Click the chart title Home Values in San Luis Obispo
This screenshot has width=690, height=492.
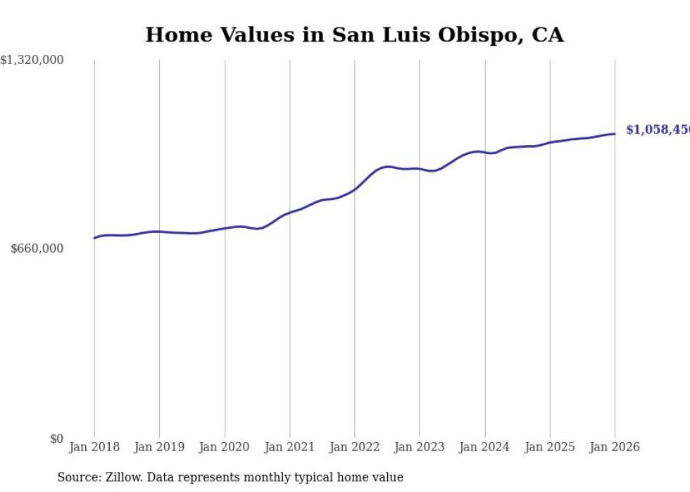[354, 34]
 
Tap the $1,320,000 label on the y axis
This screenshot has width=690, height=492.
[32, 61]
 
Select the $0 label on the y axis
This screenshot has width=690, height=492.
[56, 439]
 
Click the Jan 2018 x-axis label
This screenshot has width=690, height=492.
[94, 447]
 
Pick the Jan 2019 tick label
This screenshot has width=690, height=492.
[159, 447]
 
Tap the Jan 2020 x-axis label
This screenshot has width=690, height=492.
[225, 447]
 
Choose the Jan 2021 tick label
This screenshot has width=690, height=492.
[289, 447]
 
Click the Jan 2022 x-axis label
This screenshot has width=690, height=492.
[355, 447]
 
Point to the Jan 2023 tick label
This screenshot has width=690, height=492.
[420, 447]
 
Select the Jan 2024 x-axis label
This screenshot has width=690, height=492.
[484, 447]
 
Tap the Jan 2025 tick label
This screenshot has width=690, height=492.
[550, 447]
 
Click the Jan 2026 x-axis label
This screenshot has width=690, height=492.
[615, 447]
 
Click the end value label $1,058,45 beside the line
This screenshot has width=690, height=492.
[658, 130]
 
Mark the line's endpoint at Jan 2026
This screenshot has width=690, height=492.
[615, 134]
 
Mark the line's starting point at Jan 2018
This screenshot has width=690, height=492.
[94, 238]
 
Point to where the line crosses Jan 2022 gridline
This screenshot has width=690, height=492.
[355, 189]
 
